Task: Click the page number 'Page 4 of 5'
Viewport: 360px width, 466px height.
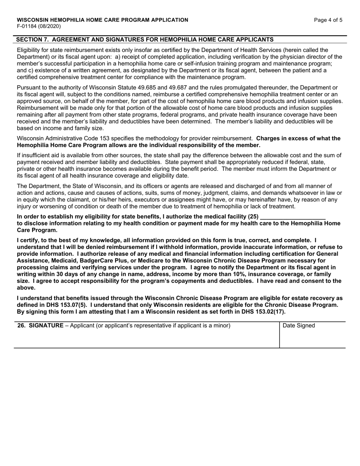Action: click(x=328, y=20)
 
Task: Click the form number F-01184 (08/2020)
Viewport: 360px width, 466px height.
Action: click(x=39, y=27)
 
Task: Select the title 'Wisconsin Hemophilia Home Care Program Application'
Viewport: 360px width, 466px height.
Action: click(x=102, y=20)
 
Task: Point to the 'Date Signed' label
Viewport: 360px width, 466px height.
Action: click(x=299, y=326)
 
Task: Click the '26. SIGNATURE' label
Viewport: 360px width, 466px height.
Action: click(x=41, y=326)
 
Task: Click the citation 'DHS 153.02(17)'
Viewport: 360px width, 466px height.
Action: click(x=263, y=312)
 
